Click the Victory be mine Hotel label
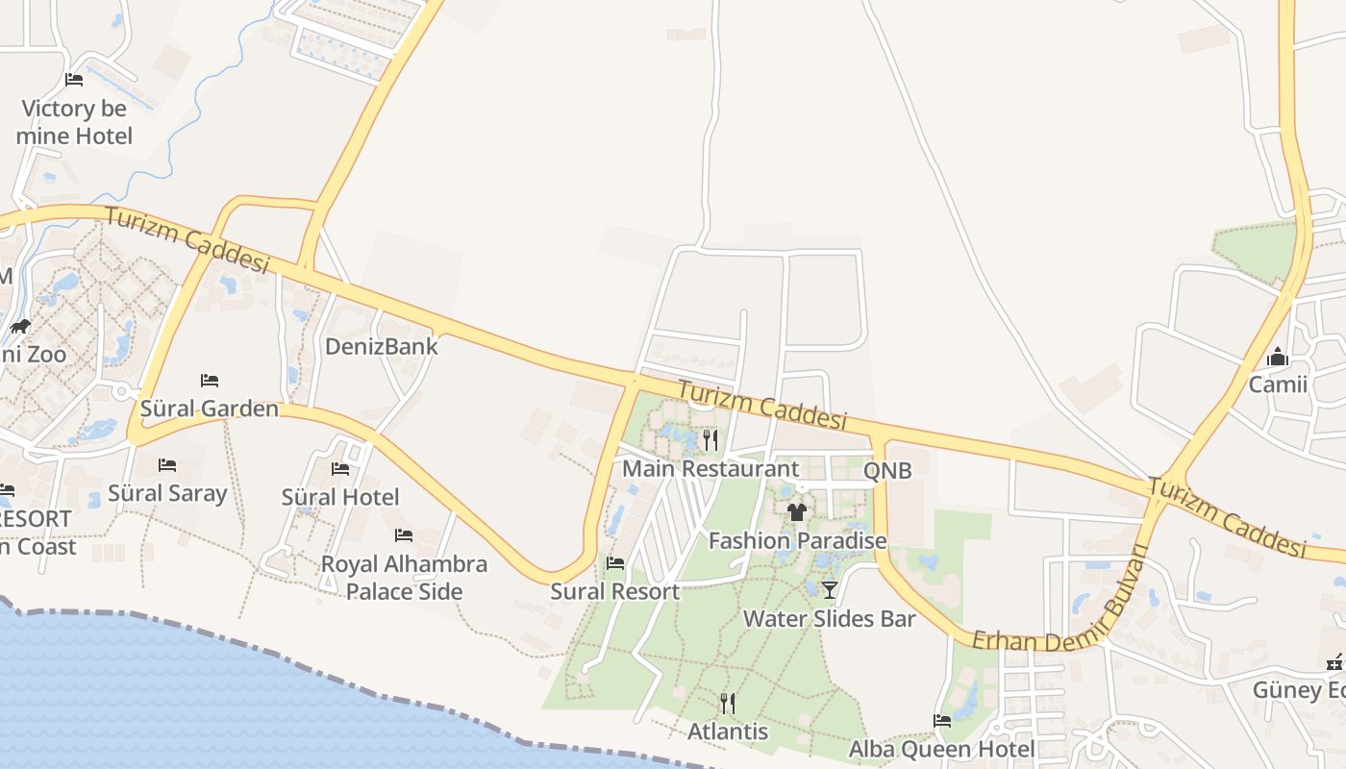point(74,122)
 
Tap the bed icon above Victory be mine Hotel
point(74,80)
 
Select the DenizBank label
point(382,346)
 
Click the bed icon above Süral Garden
point(210,381)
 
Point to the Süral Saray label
point(167,493)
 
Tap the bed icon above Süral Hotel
point(340,469)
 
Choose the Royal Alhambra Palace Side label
point(404,578)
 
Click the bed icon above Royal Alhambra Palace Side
point(404,535)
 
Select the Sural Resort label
point(614,591)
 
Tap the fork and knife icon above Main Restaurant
point(710,440)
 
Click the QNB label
point(887,471)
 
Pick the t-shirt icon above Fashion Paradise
point(797,512)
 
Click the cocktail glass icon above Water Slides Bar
point(830,589)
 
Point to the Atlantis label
point(728,732)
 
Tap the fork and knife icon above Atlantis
point(728,704)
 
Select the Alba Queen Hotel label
point(941,749)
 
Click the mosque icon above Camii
point(1278,358)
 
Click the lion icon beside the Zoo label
point(20,327)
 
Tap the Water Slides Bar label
point(830,618)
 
